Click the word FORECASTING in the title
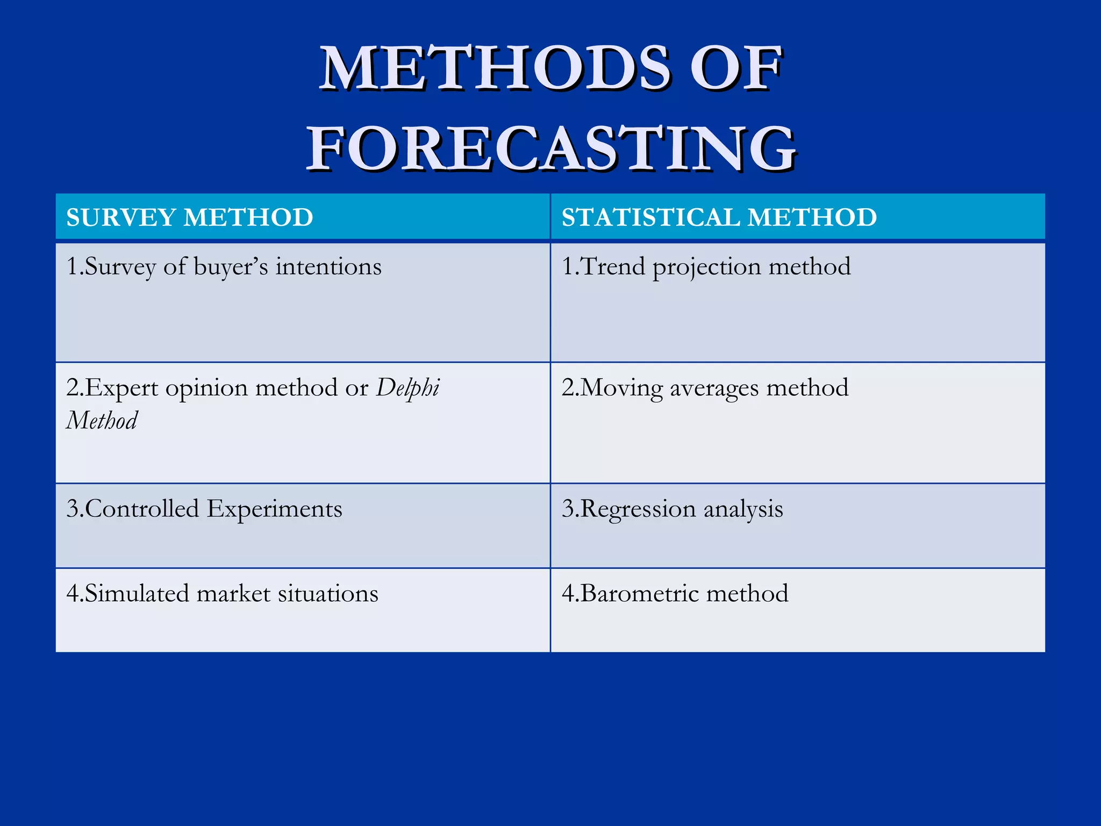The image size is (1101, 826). point(551,148)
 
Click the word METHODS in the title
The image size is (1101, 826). point(495,69)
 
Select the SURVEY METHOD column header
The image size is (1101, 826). point(189,217)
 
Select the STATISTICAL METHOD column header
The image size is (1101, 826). point(719,217)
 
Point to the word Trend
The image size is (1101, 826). point(613,267)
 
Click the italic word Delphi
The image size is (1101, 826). point(407,388)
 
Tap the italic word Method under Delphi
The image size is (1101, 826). point(102,420)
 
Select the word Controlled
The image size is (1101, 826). point(142,509)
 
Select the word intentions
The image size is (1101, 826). point(328,267)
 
